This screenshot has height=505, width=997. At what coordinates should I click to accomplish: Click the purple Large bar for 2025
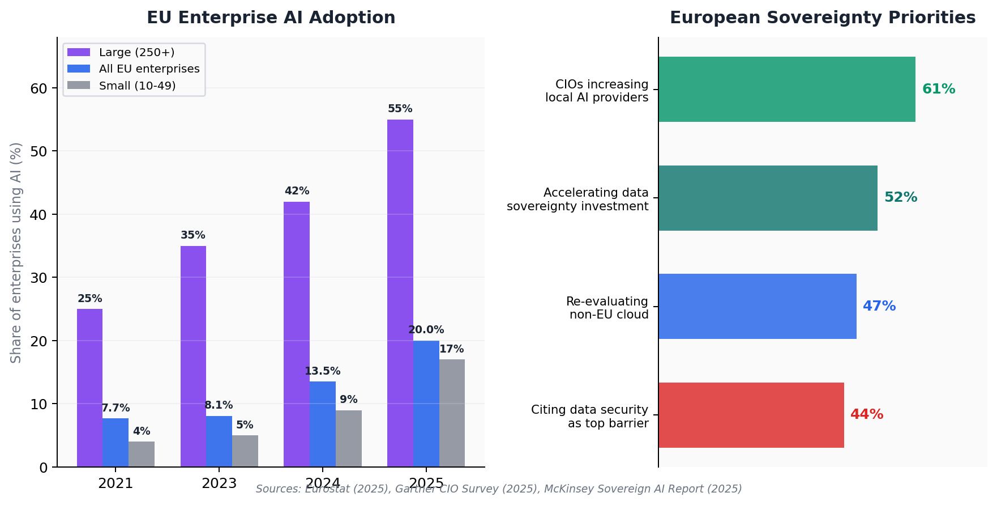coord(400,293)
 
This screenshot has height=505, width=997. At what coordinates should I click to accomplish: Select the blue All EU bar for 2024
coord(322,424)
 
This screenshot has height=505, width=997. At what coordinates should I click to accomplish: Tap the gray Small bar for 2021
coord(142,454)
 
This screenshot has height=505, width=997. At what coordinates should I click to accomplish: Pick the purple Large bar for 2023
coord(193,356)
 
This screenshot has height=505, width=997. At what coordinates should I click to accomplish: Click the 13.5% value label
coord(322,371)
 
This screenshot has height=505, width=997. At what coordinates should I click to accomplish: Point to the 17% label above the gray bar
coord(451,349)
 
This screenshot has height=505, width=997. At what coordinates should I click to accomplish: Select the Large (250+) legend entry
coord(136,52)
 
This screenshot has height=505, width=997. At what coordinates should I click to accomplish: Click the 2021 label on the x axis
coord(115,483)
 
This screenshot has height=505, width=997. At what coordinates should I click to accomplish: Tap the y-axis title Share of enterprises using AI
coord(16,252)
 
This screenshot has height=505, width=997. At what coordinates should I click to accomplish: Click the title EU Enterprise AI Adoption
coord(271,18)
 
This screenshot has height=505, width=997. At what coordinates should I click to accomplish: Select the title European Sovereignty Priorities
coord(822,18)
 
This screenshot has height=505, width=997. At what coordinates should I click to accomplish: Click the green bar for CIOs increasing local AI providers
coord(786,89)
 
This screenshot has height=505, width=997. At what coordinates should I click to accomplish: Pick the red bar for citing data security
coord(751,415)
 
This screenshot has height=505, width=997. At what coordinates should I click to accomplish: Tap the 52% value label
coord(900,197)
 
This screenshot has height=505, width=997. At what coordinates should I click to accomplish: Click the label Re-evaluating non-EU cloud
coord(607,308)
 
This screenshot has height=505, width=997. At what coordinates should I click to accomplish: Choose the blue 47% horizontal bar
coord(757,306)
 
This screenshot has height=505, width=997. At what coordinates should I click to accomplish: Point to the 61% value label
coord(938,89)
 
